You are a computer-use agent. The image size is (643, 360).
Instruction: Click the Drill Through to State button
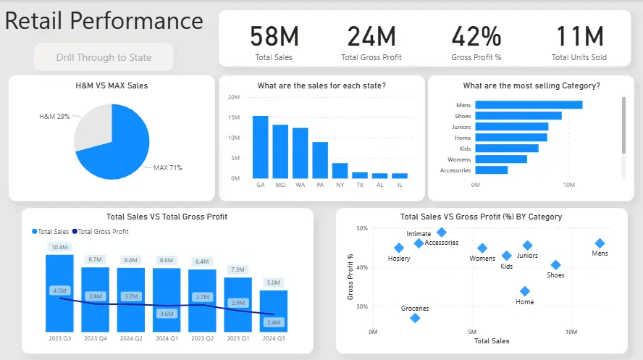104,57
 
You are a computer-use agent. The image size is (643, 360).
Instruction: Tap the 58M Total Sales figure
274,37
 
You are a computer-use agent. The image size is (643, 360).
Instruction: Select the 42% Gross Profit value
476,37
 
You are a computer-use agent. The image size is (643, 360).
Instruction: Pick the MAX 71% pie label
167,168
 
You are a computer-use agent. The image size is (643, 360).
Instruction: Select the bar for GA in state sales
260,147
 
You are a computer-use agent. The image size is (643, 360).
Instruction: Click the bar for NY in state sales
340,170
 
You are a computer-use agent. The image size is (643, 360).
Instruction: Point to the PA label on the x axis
320,185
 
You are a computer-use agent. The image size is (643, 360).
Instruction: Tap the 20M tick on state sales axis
234,97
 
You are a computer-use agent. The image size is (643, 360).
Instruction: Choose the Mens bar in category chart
529,105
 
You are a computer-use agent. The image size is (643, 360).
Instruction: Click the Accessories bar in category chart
492,170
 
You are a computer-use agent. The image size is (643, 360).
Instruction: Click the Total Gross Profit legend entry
102,232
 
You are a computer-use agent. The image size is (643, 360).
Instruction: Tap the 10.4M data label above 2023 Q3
59,247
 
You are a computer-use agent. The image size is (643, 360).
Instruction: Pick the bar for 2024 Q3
274,311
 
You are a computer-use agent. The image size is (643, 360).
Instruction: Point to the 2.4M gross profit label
274,322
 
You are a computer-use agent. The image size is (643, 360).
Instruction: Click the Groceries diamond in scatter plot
415,318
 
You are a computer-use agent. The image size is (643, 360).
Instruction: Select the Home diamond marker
525,291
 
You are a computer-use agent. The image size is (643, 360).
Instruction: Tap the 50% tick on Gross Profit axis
360,228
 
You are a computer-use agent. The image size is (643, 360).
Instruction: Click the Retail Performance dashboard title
104,21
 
